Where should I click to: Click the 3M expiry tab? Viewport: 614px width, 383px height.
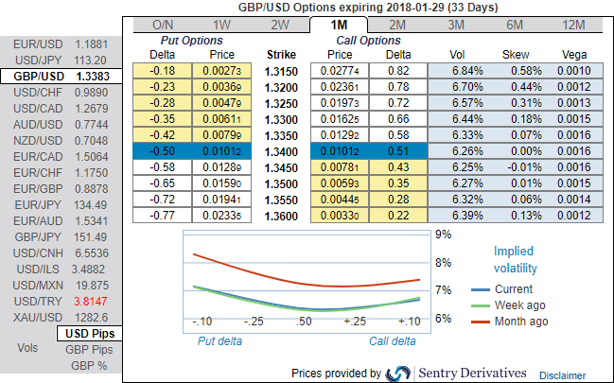456,24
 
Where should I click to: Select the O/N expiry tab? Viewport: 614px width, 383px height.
162,24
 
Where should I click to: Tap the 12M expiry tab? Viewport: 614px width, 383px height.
573,24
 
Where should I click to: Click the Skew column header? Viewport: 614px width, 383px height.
516,55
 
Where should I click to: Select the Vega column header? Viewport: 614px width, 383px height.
573,55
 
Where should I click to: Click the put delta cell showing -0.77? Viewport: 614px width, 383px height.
166,215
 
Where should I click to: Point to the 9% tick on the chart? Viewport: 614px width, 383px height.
441,234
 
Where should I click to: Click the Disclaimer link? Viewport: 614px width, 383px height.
563,374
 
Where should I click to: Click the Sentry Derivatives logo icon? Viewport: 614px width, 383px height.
398,373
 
